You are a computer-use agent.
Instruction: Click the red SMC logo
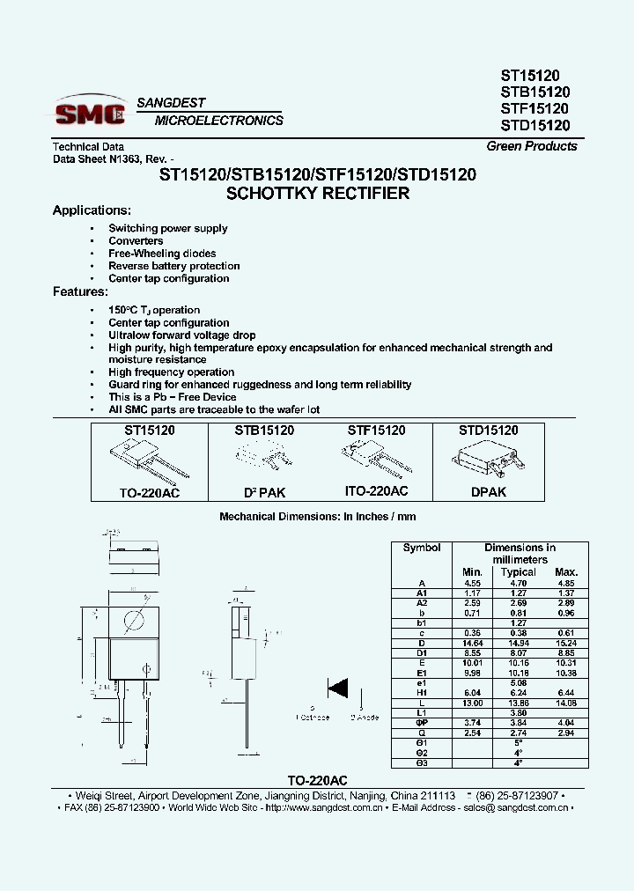91,112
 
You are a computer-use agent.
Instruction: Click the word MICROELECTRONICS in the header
218,121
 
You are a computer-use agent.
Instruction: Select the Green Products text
532,146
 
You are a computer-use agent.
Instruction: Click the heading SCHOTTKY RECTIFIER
317,193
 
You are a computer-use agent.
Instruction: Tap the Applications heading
92,210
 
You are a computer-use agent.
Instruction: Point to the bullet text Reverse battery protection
173,266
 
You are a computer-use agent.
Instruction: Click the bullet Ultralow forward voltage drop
181,335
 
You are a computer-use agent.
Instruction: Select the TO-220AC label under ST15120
150,493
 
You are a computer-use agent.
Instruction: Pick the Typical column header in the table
518,572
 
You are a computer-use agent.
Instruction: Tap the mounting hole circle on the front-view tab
133,619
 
